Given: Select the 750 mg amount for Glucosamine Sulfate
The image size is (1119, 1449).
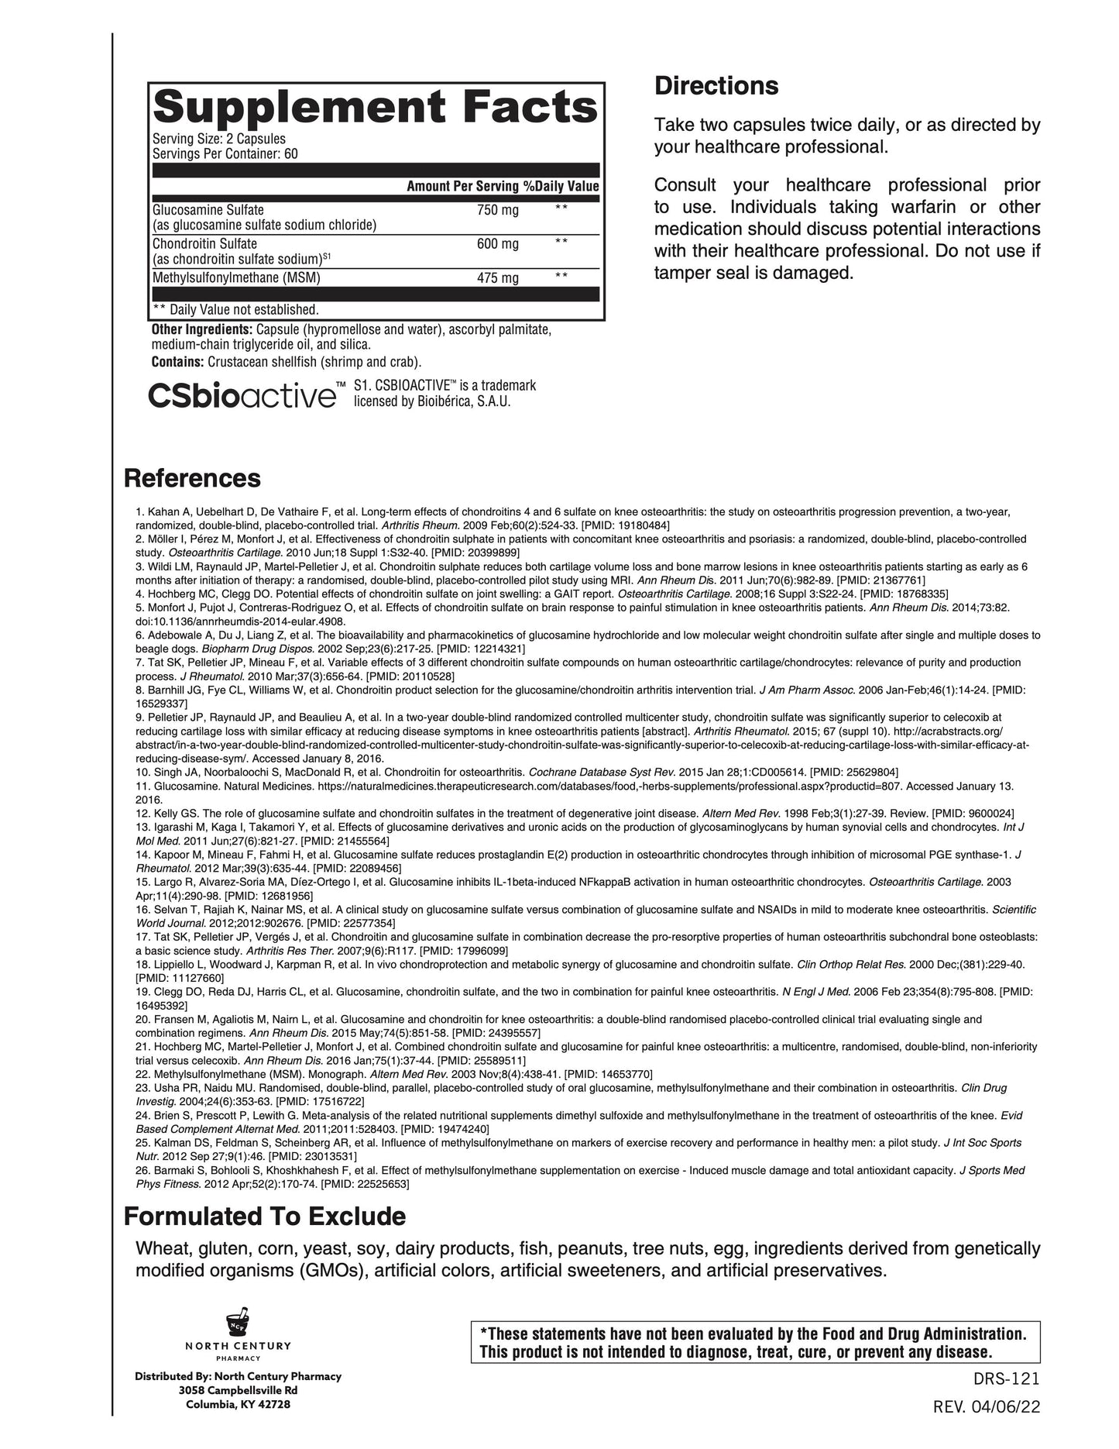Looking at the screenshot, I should coord(497,210).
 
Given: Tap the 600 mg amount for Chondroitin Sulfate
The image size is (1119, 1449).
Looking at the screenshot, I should coord(497,244).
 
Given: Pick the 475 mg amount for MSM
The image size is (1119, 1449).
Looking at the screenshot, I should coord(497,277).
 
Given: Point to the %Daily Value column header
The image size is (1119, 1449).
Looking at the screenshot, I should coord(561,186).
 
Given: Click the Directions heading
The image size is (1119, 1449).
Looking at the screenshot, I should coord(716,85).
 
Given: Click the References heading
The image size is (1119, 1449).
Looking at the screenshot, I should coord(192,478).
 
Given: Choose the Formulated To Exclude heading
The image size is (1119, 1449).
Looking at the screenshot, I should coord(265,1217).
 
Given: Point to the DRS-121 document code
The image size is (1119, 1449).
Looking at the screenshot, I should coord(1007,1378).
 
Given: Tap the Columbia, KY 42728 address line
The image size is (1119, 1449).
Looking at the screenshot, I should coord(238,1404).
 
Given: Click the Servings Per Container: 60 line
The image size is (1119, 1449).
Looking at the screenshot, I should coord(225,153).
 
